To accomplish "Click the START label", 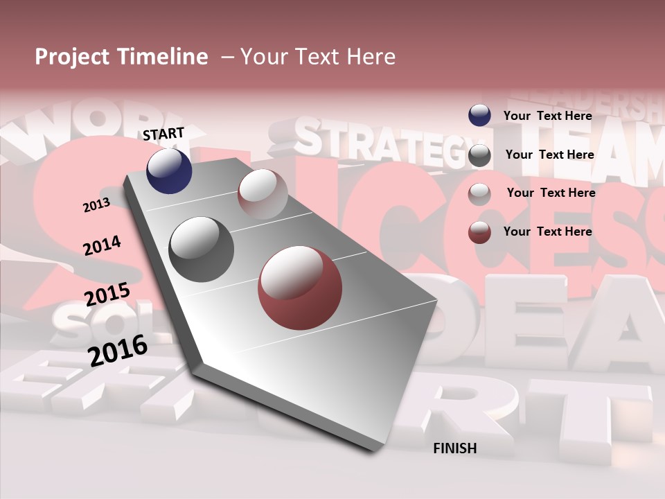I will (163, 134).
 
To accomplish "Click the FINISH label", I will (454, 448).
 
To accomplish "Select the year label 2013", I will (96, 204).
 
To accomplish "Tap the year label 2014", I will (102, 245).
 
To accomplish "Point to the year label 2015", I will (107, 295).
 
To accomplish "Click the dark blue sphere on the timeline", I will (169, 171).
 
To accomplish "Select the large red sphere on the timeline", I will (300, 288).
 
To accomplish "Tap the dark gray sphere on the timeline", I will (201, 249).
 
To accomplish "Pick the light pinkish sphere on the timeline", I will (263, 195).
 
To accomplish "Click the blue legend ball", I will (479, 115).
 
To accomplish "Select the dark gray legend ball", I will (479, 155).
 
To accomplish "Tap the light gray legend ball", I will (479, 194).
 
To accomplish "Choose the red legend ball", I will (479, 232).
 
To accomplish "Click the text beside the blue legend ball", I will (547, 116).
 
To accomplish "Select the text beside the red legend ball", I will (547, 231).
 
